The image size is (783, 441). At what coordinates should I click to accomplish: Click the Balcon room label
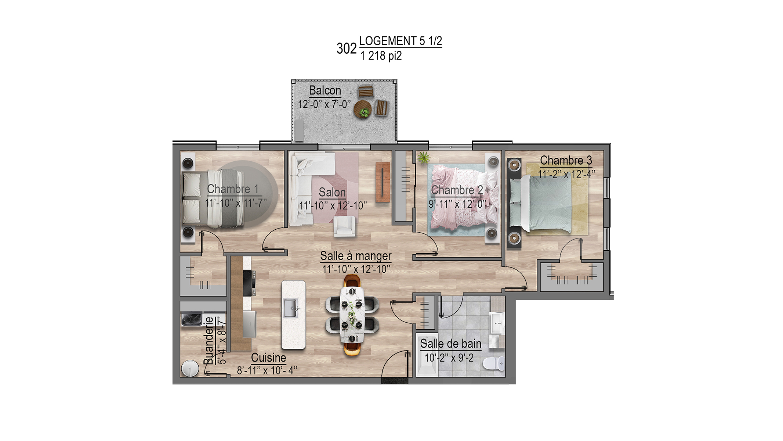tap(325, 90)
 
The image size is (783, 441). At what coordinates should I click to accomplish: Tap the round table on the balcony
tap(363, 109)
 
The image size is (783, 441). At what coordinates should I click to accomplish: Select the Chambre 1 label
tap(233, 189)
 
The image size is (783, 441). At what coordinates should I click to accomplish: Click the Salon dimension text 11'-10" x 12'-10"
tap(333, 205)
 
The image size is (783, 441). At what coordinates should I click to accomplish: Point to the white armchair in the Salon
tap(344, 226)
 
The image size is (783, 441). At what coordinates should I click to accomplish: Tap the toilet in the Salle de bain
tap(494, 363)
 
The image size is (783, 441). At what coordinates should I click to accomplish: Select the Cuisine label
tap(268, 358)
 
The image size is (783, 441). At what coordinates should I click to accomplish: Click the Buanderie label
tap(208, 340)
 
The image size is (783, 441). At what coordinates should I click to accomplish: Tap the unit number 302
tap(347, 49)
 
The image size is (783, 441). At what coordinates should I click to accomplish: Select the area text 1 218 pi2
tap(381, 56)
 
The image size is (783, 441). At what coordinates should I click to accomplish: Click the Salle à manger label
tap(356, 255)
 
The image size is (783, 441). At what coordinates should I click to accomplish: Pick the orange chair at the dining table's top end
tap(352, 281)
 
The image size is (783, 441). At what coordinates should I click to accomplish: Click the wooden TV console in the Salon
tap(383, 182)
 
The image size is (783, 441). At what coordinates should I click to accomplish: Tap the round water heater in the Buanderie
tap(190, 368)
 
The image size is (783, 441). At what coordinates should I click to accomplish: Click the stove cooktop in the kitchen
tap(249, 283)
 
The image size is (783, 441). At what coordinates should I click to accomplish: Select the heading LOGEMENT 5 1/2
tap(400, 41)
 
